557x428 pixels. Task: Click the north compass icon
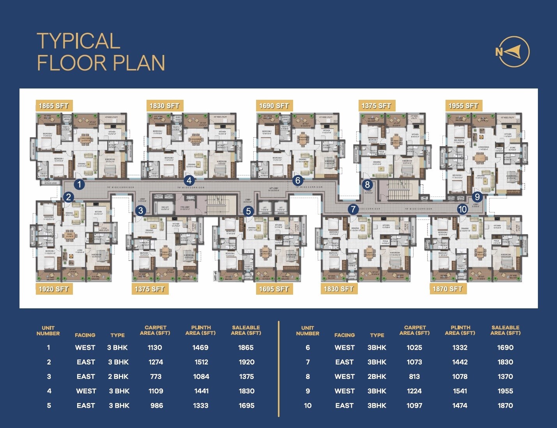tap(513, 51)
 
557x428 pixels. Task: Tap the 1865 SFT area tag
tap(54, 106)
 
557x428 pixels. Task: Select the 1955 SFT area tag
tap(463, 106)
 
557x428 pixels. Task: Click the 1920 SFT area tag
tap(54, 289)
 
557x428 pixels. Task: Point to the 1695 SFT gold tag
tap(274, 289)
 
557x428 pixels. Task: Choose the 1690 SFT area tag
tap(274, 106)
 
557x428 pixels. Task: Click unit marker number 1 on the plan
tap(79, 184)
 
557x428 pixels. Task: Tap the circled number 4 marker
tap(189, 180)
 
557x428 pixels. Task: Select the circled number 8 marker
tap(367, 184)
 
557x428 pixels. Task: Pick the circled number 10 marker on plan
tap(462, 209)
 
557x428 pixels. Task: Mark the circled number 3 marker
tap(141, 211)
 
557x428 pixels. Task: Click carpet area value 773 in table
tap(156, 377)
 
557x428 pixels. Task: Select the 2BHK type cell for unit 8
tap(377, 377)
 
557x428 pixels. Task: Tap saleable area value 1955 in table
tap(505, 391)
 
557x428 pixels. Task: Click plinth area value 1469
tap(200, 347)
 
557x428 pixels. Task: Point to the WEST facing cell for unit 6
tap(345, 347)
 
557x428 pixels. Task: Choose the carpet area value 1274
tap(156, 362)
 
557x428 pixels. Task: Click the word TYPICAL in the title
tap(78, 41)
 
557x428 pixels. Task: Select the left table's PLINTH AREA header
tap(200, 330)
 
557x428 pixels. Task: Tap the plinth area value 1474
tap(460, 405)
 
